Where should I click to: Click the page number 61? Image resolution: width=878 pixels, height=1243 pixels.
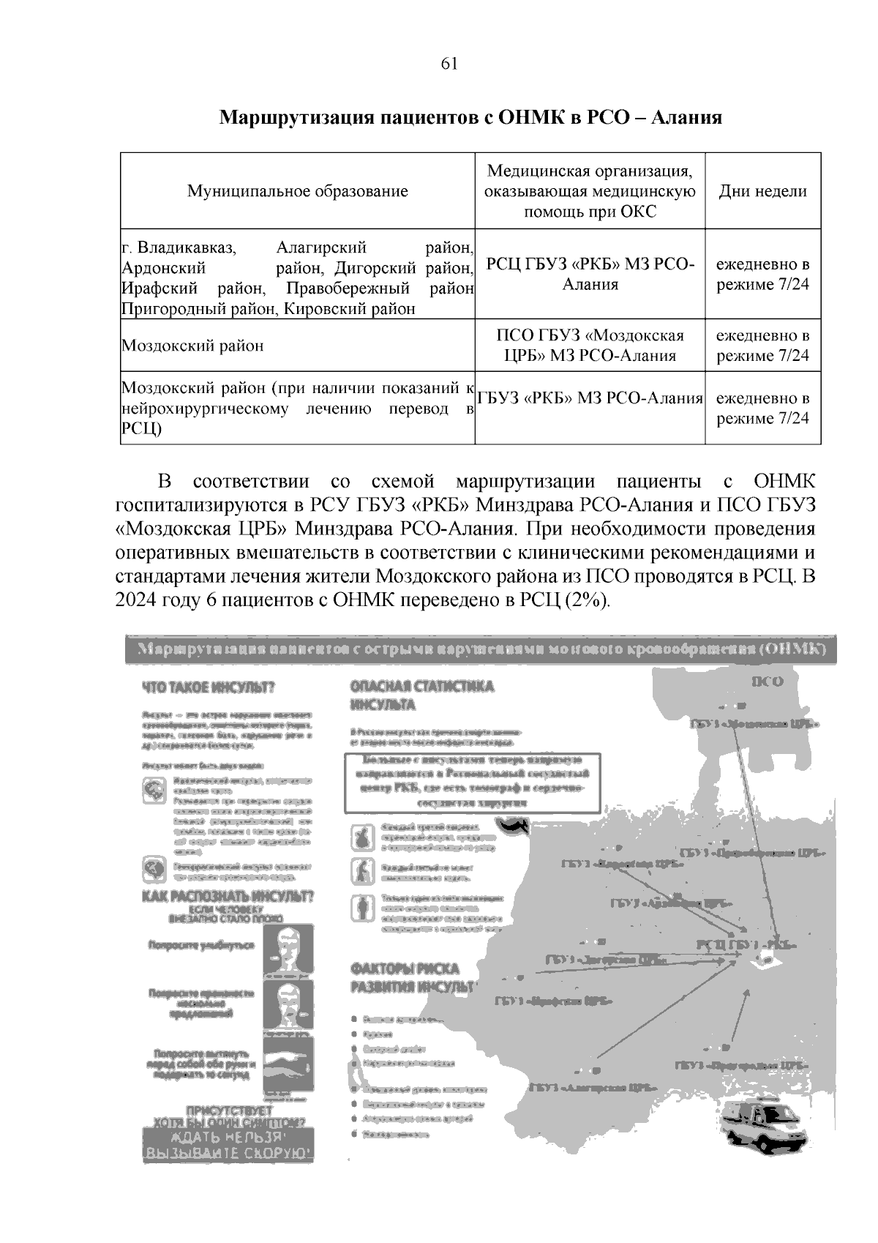pyautogui.click(x=449, y=64)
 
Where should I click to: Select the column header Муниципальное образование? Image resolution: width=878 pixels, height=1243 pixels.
pyautogui.click(x=298, y=191)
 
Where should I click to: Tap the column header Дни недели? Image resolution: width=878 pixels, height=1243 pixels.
pyautogui.click(x=762, y=191)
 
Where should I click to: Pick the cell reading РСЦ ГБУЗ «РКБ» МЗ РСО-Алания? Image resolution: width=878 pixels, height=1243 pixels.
pyautogui.click(x=590, y=275)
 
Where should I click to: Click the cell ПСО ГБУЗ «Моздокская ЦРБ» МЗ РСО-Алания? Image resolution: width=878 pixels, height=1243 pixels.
pyautogui.click(x=590, y=346)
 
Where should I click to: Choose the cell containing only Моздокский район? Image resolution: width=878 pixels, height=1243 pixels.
pyautogui.click(x=192, y=346)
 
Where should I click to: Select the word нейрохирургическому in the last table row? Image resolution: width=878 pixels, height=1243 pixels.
pyautogui.click(x=205, y=408)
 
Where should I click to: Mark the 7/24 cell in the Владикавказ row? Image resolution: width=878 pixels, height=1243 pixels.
pyautogui.click(x=762, y=275)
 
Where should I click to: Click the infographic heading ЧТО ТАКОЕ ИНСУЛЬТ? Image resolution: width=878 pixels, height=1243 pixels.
pyautogui.click(x=208, y=688)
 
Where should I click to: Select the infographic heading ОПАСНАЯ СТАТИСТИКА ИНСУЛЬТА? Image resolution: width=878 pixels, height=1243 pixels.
pyautogui.click(x=422, y=695)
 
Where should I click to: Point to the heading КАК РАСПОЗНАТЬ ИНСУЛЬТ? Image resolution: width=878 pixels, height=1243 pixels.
pyautogui.click(x=228, y=897)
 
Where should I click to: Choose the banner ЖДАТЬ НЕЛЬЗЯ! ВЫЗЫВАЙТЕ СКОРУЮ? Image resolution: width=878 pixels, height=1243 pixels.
pyautogui.click(x=228, y=1146)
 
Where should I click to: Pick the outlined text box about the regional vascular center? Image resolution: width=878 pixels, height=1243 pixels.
pyautogui.click(x=472, y=783)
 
